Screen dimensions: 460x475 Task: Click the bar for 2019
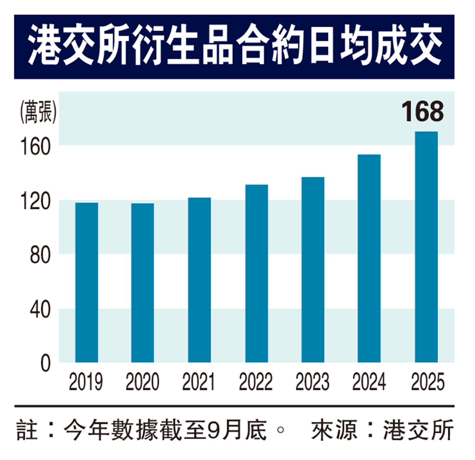[x=86, y=282]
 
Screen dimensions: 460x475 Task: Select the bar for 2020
[x=142, y=283]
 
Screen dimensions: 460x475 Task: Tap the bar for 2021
[x=199, y=280]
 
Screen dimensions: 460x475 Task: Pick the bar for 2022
[x=256, y=273]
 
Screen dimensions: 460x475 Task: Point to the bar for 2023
[x=313, y=270]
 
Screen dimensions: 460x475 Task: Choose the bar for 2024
[x=369, y=258]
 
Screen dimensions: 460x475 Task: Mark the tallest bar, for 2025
[x=426, y=247]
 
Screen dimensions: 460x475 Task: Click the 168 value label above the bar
[x=422, y=112]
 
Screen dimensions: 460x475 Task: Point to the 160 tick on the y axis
[x=35, y=146]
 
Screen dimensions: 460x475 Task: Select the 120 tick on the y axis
[x=35, y=201]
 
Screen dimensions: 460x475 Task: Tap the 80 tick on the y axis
[x=40, y=255]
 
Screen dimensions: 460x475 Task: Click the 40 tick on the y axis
[x=40, y=310]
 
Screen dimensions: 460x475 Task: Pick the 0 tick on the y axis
[x=45, y=363]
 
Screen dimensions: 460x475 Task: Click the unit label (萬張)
[x=38, y=112]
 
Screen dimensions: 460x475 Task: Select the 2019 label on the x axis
[x=86, y=381]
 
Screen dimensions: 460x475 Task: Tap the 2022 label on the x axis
[x=256, y=381]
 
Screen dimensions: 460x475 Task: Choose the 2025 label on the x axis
[x=427, y=381]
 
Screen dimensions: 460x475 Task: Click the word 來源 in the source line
[x=334, y=430]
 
